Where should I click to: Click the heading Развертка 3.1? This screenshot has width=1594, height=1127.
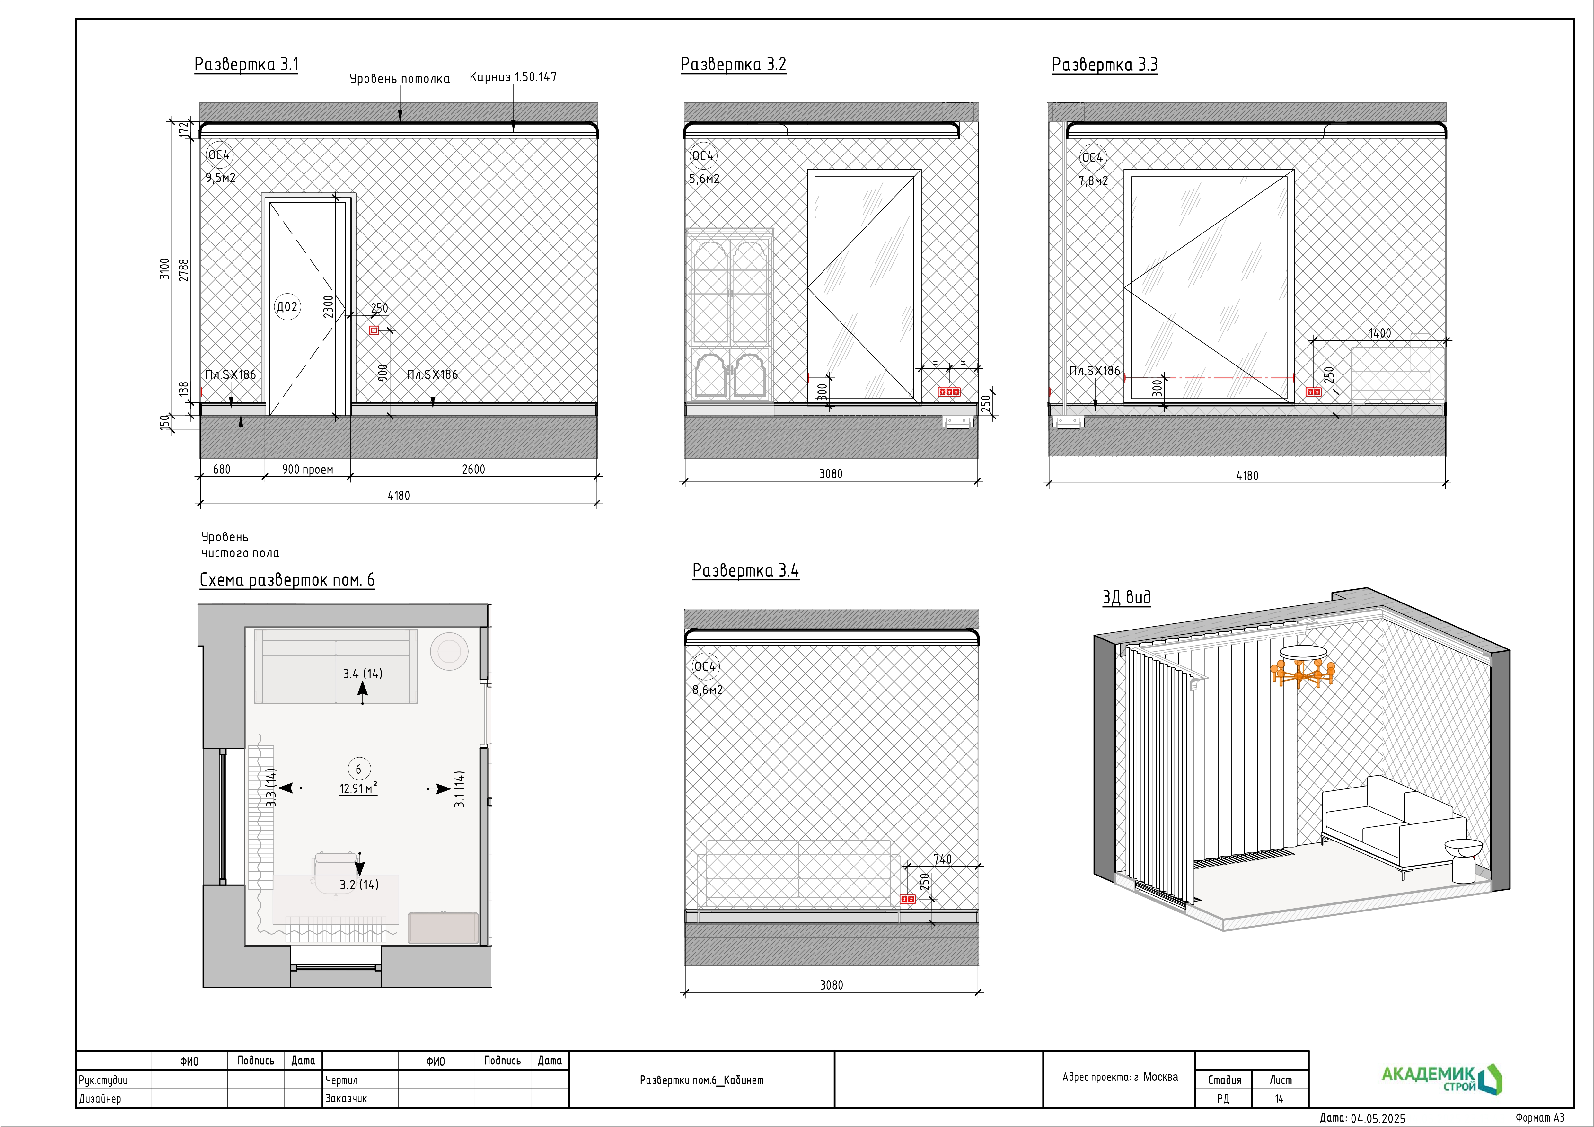click(x=246, y=65)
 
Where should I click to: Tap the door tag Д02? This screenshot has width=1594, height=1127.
click(x=287, y=307)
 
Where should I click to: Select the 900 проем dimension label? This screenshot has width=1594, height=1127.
click(x=308, y=470)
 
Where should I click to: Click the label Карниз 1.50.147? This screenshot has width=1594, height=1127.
click(x=513, y=77)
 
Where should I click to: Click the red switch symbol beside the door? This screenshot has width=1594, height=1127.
click(x=374, y=330)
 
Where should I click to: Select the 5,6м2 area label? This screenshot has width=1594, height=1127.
click(x=704, y=179)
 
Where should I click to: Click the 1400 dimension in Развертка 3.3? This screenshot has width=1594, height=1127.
click(x=1379, y=333)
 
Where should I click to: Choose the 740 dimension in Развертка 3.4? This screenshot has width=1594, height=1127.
click(x=942, y=860)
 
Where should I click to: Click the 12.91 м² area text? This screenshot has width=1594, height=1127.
click(x=358, y=788)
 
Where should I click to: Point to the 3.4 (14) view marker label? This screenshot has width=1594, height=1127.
click(x=362, y=674)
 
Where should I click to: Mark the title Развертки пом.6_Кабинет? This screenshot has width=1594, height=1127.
click(x=701, y=1080)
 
